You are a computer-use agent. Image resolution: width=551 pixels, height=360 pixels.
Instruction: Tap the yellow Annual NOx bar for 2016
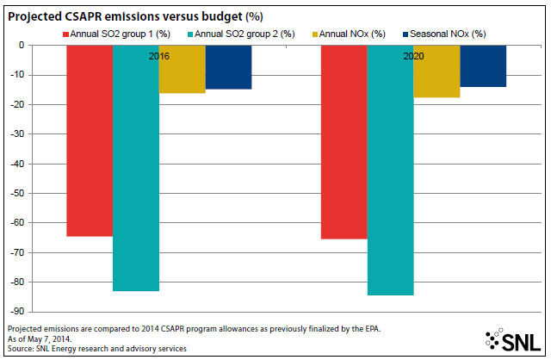point(182,69)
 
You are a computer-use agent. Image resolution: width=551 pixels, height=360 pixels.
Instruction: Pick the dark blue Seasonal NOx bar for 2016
point(228,67)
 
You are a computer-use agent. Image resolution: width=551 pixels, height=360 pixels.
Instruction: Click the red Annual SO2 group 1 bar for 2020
point(344,142)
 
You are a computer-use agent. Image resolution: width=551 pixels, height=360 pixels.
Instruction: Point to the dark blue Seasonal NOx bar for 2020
point(483,66)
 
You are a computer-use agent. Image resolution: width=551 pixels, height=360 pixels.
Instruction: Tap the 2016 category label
point(158,55)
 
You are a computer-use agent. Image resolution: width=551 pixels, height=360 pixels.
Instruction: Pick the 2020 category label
point(413,55)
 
